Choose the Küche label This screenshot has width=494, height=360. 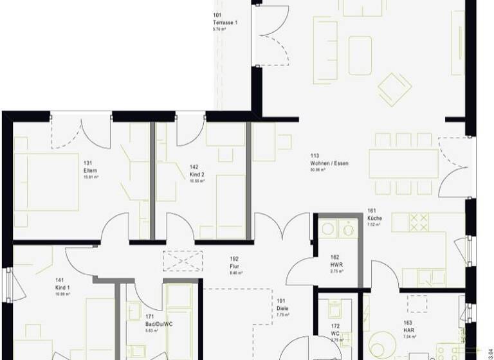(374, 219)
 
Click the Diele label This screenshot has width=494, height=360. (281, 307)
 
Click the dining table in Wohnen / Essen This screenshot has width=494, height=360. (403, 163)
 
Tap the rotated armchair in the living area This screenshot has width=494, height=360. (394, 89)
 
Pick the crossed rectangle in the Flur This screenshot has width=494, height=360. (183, 261)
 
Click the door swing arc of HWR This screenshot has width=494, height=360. (298, 273)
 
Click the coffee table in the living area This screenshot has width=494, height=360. (360, 50)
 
